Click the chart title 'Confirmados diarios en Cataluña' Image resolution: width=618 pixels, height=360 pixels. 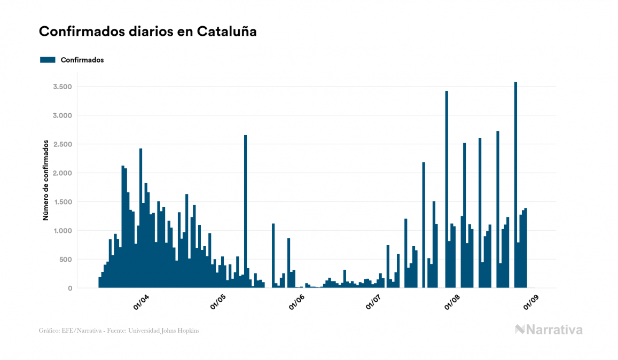(148, 32)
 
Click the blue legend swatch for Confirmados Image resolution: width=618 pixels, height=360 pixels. (48, 60)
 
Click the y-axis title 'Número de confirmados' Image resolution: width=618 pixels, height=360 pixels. (46, 181)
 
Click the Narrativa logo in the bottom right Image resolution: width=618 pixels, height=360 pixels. (549, 330)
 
